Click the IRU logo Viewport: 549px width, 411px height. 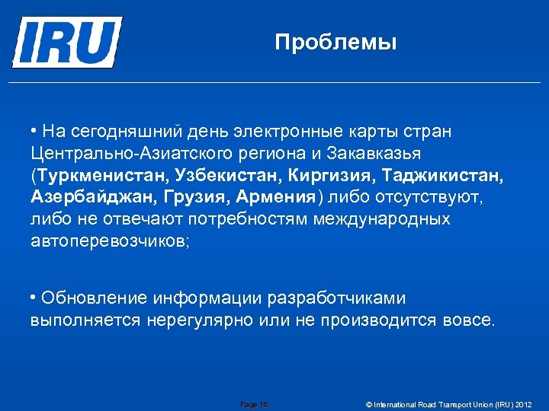pos(67,43)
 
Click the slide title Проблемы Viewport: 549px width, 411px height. pos(335,42)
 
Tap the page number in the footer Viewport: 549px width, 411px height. pos(254,404)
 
